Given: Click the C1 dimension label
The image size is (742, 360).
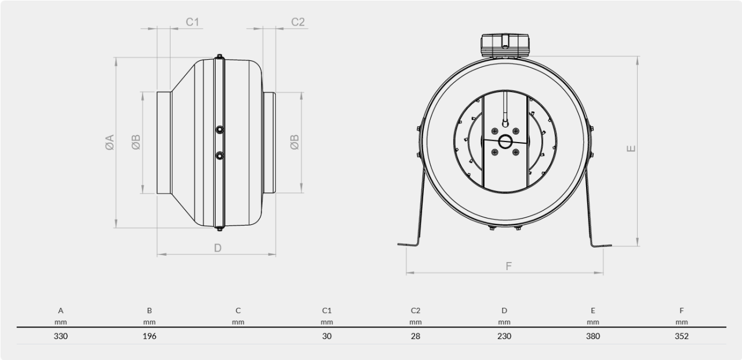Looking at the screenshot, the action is (192, 22).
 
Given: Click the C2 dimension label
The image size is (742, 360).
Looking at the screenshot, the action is (298, 22).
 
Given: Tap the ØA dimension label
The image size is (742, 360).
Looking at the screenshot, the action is (110, 143).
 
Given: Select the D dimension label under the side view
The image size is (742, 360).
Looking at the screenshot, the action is (217, 248).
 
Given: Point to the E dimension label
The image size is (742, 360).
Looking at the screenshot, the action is (631, 148).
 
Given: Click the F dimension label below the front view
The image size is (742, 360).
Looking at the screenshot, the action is (509, 266).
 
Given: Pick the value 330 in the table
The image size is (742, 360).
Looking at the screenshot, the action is (61, 336).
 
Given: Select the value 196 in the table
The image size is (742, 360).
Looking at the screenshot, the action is (150, 336).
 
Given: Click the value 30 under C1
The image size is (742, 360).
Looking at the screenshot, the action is (326, 336).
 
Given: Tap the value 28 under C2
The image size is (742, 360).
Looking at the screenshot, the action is (416, 336).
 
